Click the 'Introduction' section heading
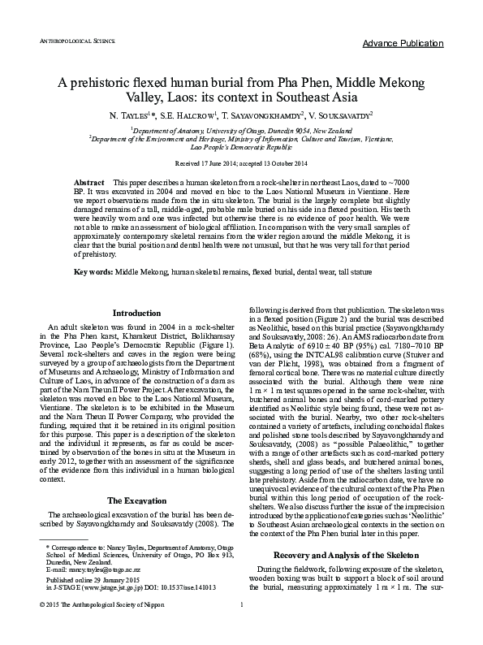click(136, 312)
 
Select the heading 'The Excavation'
click(136, 477)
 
